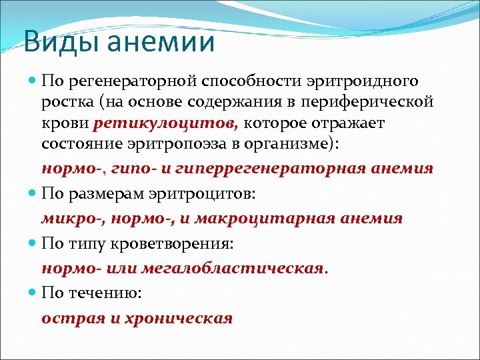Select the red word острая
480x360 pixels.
click(x=70, y=318)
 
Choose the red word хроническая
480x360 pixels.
click(x=175, y=318)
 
